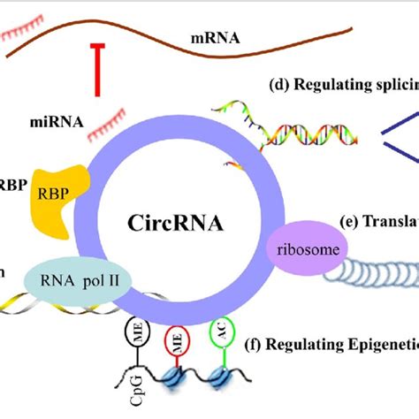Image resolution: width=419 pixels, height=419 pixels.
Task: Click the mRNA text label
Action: click(x=216, y=40)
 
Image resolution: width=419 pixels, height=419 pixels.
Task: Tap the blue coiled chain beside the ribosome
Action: click(x=371, y=270)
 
